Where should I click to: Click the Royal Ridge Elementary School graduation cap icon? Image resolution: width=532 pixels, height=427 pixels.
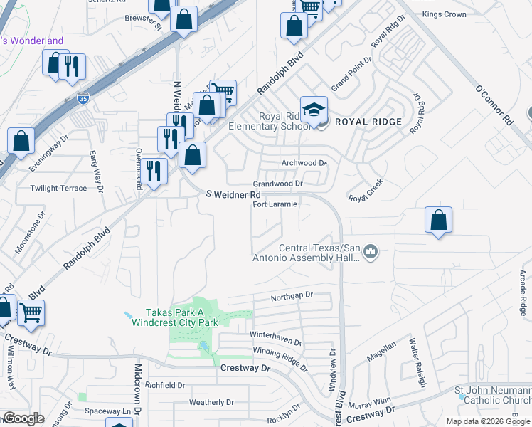(x=314, y=110)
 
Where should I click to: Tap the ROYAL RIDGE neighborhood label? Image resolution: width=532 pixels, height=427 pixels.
(x=368, y=122)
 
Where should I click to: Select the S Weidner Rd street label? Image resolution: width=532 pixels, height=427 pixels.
(x=234, y=194)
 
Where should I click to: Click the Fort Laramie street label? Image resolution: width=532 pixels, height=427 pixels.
(x=275, y=204)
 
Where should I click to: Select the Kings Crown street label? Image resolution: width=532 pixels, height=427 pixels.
(x=444, y=14)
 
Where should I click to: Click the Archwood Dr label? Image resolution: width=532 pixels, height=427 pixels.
(x=304, y=163)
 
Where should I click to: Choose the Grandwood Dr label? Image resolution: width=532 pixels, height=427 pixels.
(x=280, y=184)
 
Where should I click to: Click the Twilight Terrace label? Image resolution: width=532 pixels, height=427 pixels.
(x=58, y=189)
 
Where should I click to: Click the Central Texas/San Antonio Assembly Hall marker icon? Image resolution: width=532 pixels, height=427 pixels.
(x=371, y=252)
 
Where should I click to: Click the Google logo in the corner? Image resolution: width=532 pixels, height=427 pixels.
(x=23, y=418)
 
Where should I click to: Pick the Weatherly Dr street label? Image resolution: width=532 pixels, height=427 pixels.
(x=211, y=402)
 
